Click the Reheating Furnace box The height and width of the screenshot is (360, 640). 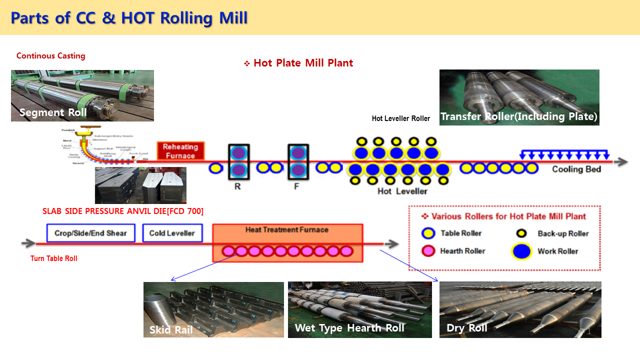pos(180,151)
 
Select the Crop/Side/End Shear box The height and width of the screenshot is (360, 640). pos(91,233)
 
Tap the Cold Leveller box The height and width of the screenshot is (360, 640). pos(172,233)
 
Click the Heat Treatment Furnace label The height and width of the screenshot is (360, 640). pos(287,230)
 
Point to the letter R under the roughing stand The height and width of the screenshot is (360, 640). pos(237,186)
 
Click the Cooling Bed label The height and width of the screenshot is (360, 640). pos(576,169)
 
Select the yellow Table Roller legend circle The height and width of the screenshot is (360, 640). pos(428,233)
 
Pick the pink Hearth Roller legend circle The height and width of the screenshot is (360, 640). pos(428,251)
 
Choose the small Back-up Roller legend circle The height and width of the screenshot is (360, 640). pos(522,233)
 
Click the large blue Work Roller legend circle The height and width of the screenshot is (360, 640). pos(521,251)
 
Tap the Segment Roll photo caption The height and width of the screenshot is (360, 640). pos(53,112)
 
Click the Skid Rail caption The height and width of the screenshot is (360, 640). pos(171,330)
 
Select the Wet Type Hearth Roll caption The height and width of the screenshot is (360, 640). pos(349,328)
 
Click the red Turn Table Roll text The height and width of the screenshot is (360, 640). pos(54,258)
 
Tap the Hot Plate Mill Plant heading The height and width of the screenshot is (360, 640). pos(303,63)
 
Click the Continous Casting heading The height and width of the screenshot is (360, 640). pos(51,56)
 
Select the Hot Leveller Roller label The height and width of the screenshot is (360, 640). pos(400,118)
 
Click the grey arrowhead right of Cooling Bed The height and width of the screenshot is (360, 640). pos(622,162)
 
